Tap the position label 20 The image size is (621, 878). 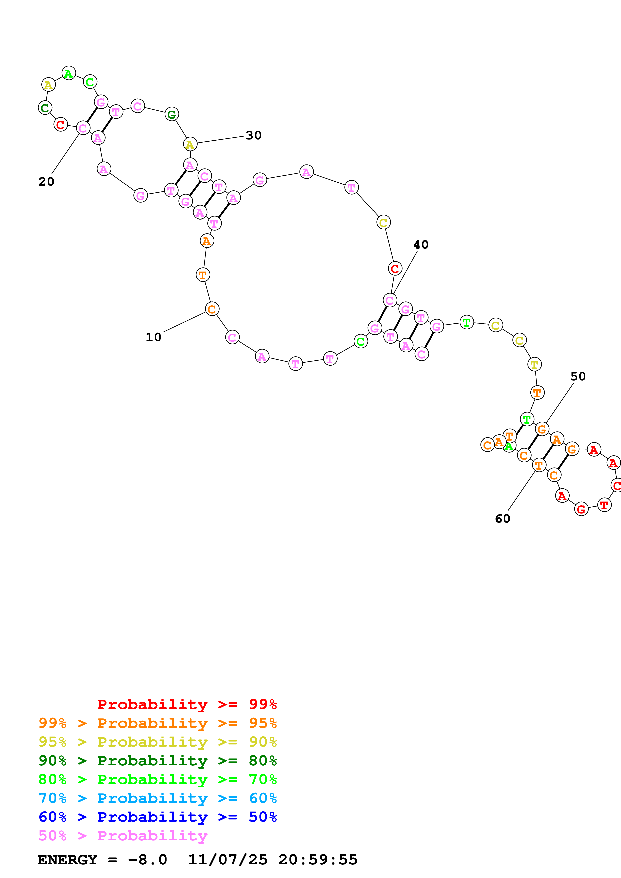pos(46,182)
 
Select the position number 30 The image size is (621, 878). pos(253,135)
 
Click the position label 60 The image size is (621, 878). pos(503,519)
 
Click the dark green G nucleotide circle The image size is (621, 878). pos(172,114)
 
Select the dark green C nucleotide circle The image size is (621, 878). pos(45,108)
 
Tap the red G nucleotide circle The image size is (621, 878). pos(581,509)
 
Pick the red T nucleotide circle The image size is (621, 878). pos(604,505)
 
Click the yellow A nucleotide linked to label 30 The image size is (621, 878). pos(190,145)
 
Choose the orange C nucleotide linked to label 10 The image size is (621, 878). pos(212,309)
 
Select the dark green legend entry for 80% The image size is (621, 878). pos(158,761)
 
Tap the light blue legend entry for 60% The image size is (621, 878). pos(158,798)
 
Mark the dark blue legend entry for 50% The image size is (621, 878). pos(158,817)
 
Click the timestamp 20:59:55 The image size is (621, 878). pos(318,860)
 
